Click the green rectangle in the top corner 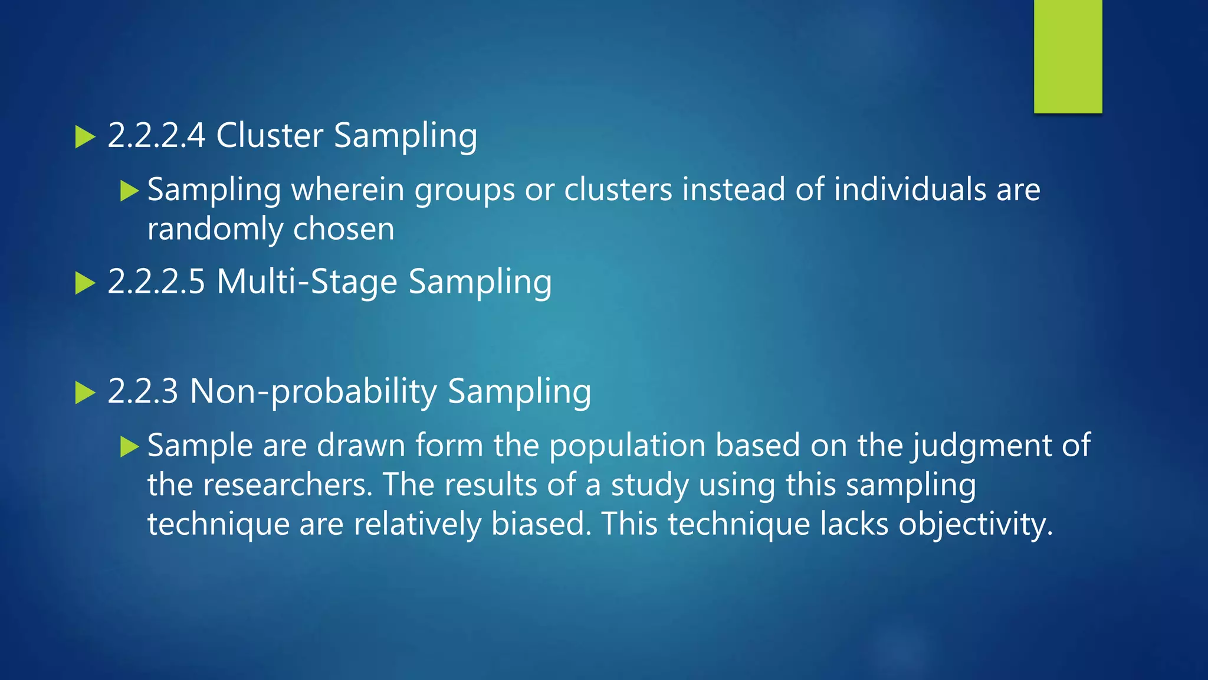(x=1068, y=57)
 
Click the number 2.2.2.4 (x=156, y=135)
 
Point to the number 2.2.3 (x=143, y=391)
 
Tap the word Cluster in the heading (x=270, y=135)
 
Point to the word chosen (x=344, y=229)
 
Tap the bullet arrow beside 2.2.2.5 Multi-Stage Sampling (x=86, y=283)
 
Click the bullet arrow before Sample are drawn (x=129, y=446)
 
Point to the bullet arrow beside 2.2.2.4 (x=86, y=138)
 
